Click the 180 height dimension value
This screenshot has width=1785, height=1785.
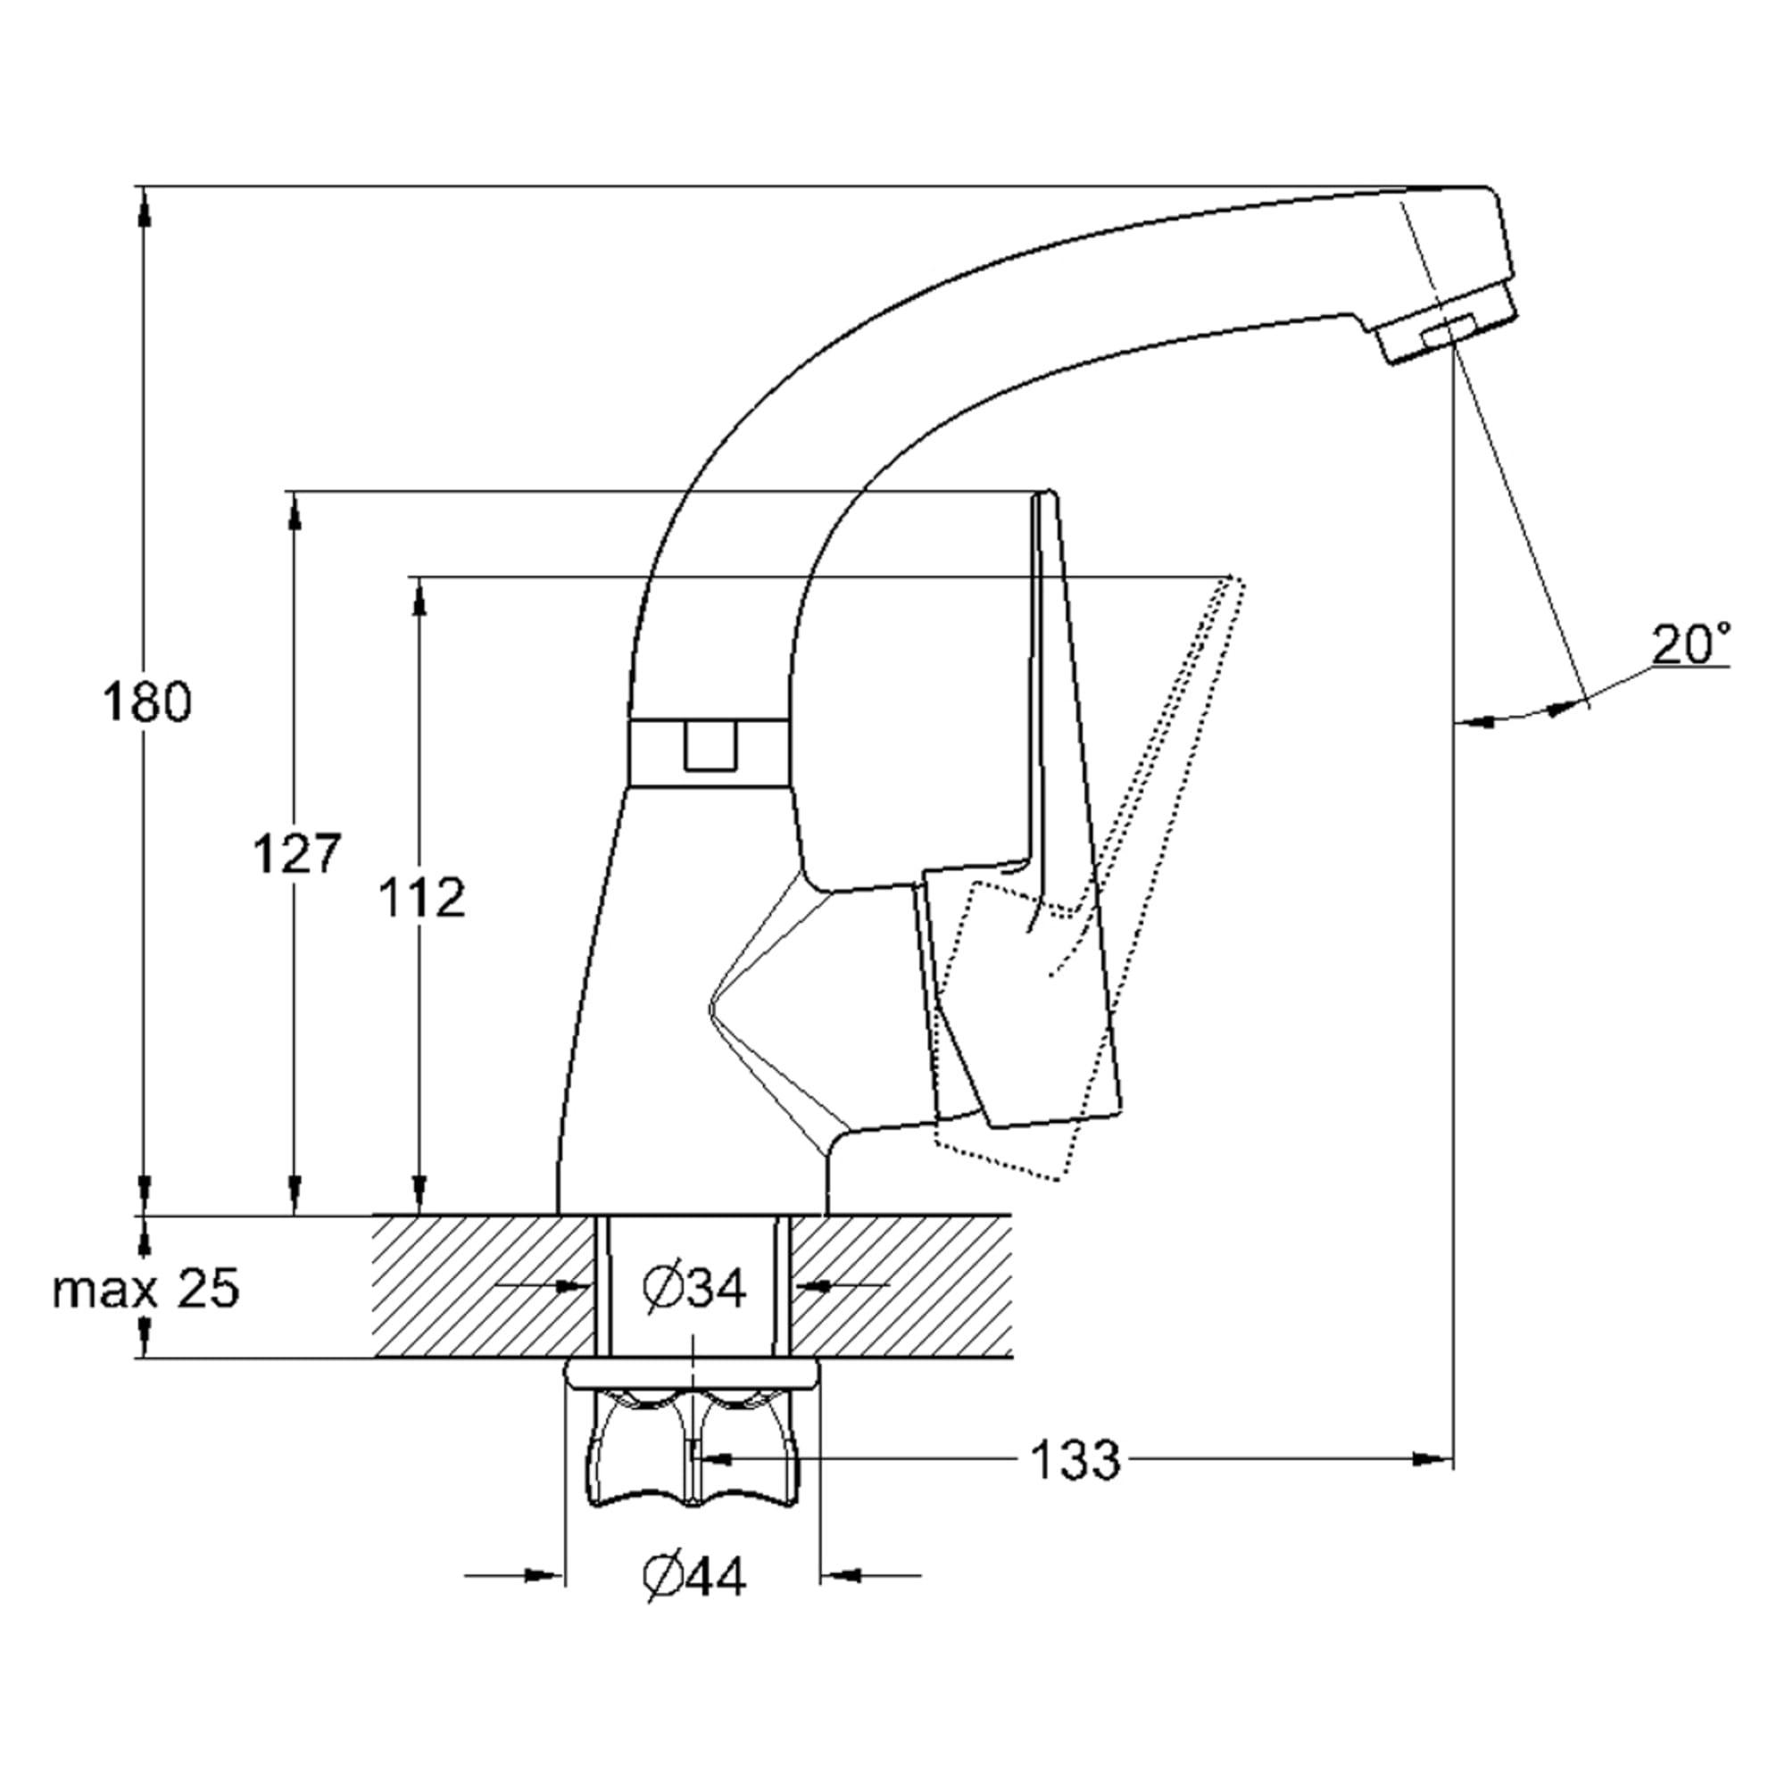[147, 702]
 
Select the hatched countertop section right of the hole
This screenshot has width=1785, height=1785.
[901, 1286]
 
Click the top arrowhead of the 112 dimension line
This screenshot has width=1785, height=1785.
[420, 599]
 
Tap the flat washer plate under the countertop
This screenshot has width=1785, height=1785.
[692, 1373]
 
